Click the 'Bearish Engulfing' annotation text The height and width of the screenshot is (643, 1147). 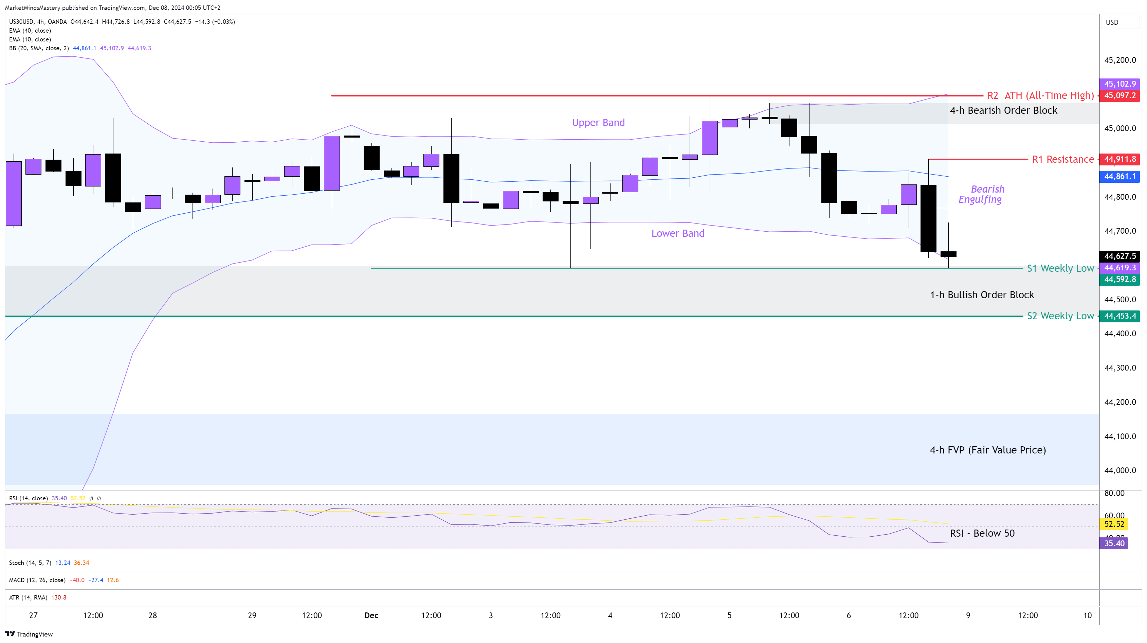tap(981, 194)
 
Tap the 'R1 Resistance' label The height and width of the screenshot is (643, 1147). tap(1062, 159)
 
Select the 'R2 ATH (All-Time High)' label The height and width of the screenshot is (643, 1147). tap(1040, 95)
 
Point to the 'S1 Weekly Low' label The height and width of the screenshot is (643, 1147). tap(1060, 268)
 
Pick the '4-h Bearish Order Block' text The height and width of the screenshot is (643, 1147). tap(1003, 110)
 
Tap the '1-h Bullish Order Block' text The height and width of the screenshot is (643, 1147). tap(982, 295)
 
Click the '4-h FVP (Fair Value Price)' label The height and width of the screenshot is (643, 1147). tap(988, 450)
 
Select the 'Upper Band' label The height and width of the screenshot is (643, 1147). tap(598, 123)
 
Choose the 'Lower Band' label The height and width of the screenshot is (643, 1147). tap(678, 233)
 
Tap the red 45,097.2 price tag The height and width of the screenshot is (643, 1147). tap(1119, 95)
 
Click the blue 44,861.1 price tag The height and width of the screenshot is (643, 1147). tap(1119, 176)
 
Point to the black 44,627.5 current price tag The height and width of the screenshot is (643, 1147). tap(1119, 256)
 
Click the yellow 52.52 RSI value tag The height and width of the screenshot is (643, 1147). tap(1114, 524)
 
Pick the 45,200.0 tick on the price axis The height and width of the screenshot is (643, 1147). tap(1120, 60)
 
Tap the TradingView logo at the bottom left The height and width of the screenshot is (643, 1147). tap(29, 634)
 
